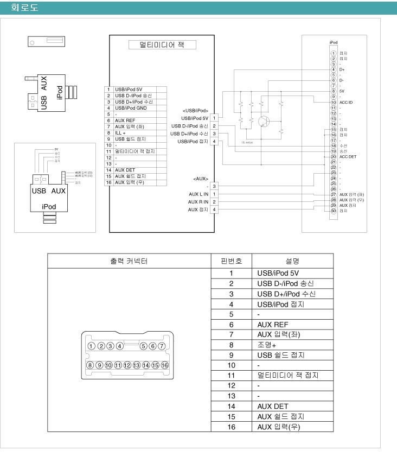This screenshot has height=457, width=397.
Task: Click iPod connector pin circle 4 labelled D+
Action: [x=333, y=69]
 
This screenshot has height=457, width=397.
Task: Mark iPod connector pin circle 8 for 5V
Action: [x=333, y=92]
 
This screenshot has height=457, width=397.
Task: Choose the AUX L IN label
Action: [x=197, y=194]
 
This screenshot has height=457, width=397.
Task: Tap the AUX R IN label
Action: [x=197, y=201]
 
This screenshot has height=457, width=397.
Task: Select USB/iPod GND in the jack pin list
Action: [x=130, y=108]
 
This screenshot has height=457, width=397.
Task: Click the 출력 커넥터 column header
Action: [x=129, y=261]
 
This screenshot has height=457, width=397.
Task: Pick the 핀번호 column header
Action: [x=231, y=261]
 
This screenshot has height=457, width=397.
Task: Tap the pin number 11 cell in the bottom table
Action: [x=231, y=376]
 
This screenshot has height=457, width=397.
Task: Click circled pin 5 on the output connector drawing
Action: [x=143, y=346]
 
